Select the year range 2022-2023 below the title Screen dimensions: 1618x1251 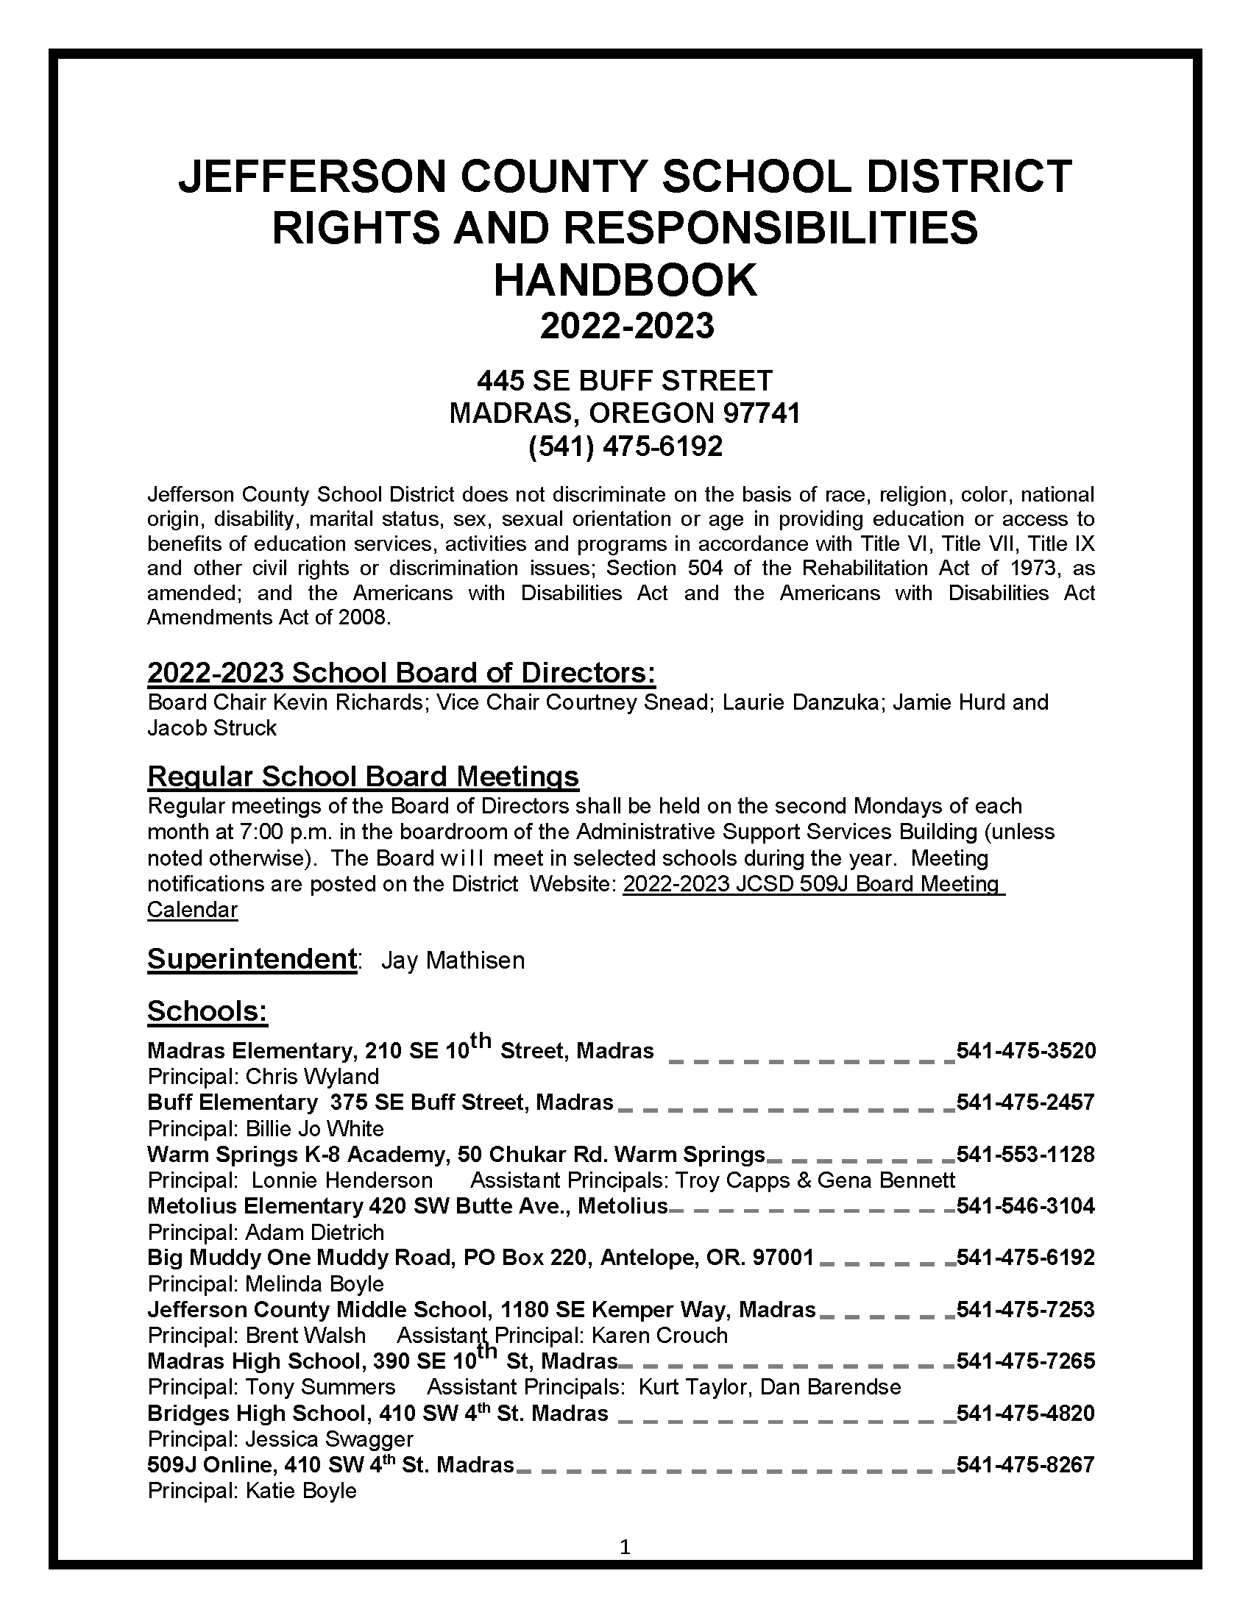626,327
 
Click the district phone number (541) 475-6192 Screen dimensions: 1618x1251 625,446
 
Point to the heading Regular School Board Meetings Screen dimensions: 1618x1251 362,777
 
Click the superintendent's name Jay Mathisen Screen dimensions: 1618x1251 452,961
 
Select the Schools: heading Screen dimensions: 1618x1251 207,1011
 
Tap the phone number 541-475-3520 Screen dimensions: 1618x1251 1026,1050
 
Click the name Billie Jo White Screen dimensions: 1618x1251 314,1129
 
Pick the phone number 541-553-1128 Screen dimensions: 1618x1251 1026,1154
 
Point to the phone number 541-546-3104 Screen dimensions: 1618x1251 1026,1206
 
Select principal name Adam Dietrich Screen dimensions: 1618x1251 314,1233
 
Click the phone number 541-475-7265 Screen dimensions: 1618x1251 1026,1361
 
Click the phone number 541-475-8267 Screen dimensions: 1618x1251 1026,1464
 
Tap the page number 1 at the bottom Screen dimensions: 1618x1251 625,1546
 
